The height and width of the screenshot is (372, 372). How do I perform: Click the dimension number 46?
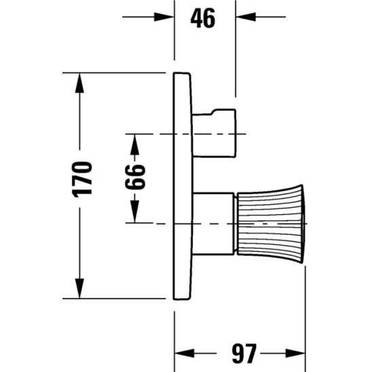point(202,18)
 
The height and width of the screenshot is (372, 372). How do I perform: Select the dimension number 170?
point(81,179)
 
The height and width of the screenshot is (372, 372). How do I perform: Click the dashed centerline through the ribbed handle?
point(156,223)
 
